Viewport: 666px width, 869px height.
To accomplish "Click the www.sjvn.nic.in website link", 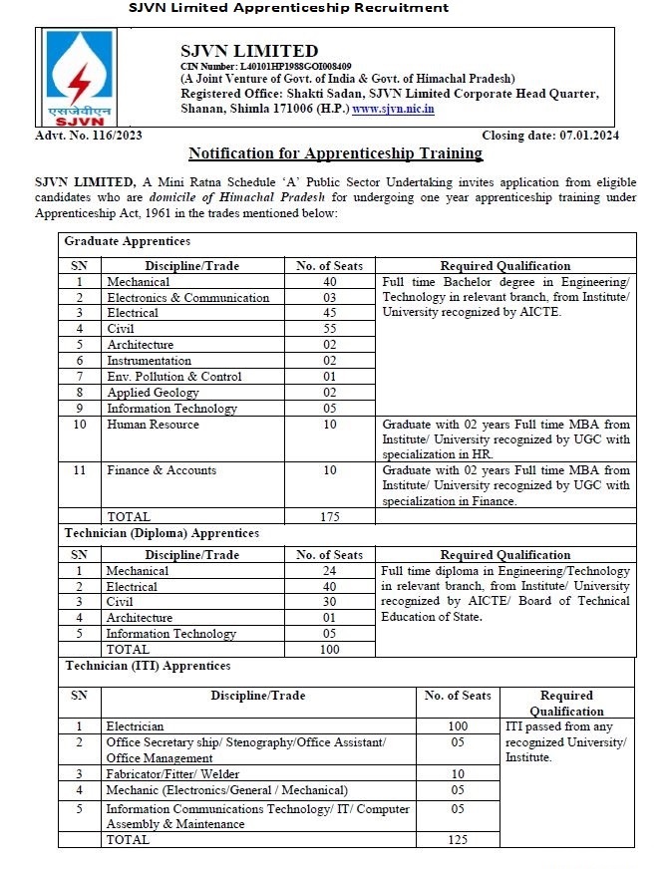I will point(393,109).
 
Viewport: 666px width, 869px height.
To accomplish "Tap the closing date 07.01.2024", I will point(558,136).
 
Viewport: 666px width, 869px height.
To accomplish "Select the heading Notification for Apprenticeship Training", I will point(336,153).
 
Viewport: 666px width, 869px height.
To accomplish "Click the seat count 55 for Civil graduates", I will point(329,329).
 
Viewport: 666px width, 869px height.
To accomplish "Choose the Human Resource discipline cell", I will point(153,425).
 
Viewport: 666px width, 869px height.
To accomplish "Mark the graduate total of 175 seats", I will point(329,516).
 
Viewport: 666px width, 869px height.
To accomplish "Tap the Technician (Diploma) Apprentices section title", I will point(162,533).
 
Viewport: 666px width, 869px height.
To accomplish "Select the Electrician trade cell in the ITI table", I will point(135,726).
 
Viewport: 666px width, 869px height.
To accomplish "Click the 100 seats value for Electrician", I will point(458,726).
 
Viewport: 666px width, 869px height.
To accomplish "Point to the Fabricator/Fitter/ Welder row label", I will point(170,773).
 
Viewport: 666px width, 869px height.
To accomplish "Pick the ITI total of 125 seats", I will point(458,840).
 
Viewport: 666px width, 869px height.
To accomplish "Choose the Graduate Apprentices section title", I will point(127,241).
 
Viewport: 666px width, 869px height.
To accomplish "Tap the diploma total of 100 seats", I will point(329,650).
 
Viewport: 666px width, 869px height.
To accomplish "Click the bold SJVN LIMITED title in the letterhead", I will point(249,51).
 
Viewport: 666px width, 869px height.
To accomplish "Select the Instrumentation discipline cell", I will point(149,361).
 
